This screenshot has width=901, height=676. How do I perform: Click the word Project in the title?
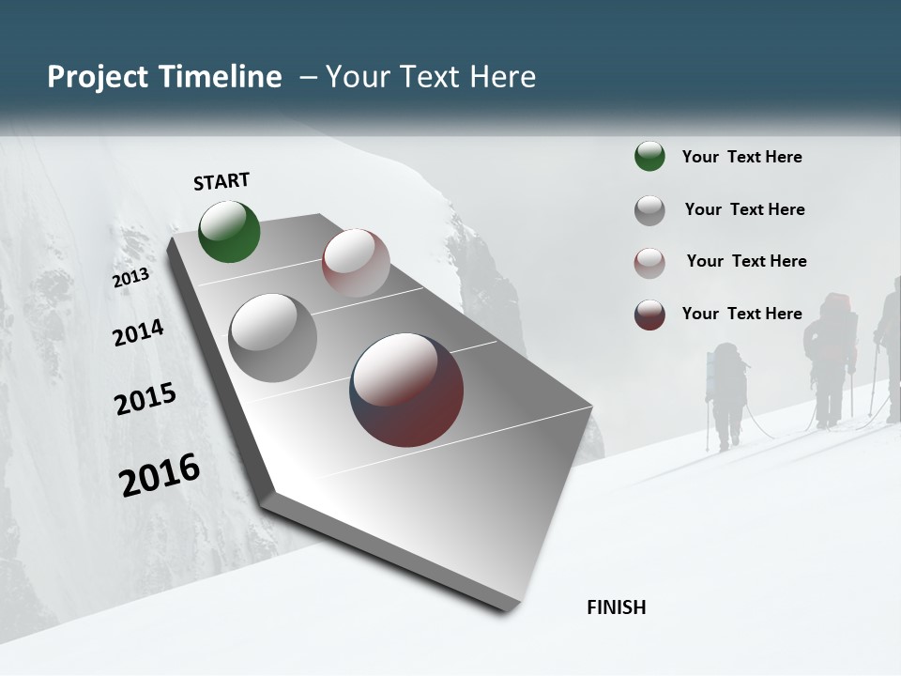click(x=98, y=77)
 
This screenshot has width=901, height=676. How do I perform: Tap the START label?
click(x=221, y=181)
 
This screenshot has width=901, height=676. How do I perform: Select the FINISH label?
click(x=617, y=607)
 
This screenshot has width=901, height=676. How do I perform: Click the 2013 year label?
click(x=130, y=278)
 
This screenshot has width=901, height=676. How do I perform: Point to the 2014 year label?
click(x=138, y=332)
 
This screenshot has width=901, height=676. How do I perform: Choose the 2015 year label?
click(x=145, y=399)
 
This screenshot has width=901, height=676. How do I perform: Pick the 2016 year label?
click(x=160, y=474)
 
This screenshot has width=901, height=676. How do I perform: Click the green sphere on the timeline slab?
click(x=229, y=231)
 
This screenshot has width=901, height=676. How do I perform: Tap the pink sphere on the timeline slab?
click(x=356, y=263)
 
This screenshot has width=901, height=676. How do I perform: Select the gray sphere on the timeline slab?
click(x=273, y=338)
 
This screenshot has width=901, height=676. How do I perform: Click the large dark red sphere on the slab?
click(x=406, y=390)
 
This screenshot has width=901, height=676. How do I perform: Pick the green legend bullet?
click(x=649, y=156)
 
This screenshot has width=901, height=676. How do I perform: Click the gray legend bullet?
click(x=649, y=210)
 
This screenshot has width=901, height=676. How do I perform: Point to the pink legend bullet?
click(x=649, y=263)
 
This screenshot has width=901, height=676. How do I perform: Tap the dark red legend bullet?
click(x=649, y=315)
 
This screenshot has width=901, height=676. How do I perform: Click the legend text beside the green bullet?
click(x=741, y=157)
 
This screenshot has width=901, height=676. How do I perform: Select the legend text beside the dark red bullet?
click(x=741, y=314)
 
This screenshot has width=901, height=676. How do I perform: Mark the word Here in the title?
click(x=503, y=77)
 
